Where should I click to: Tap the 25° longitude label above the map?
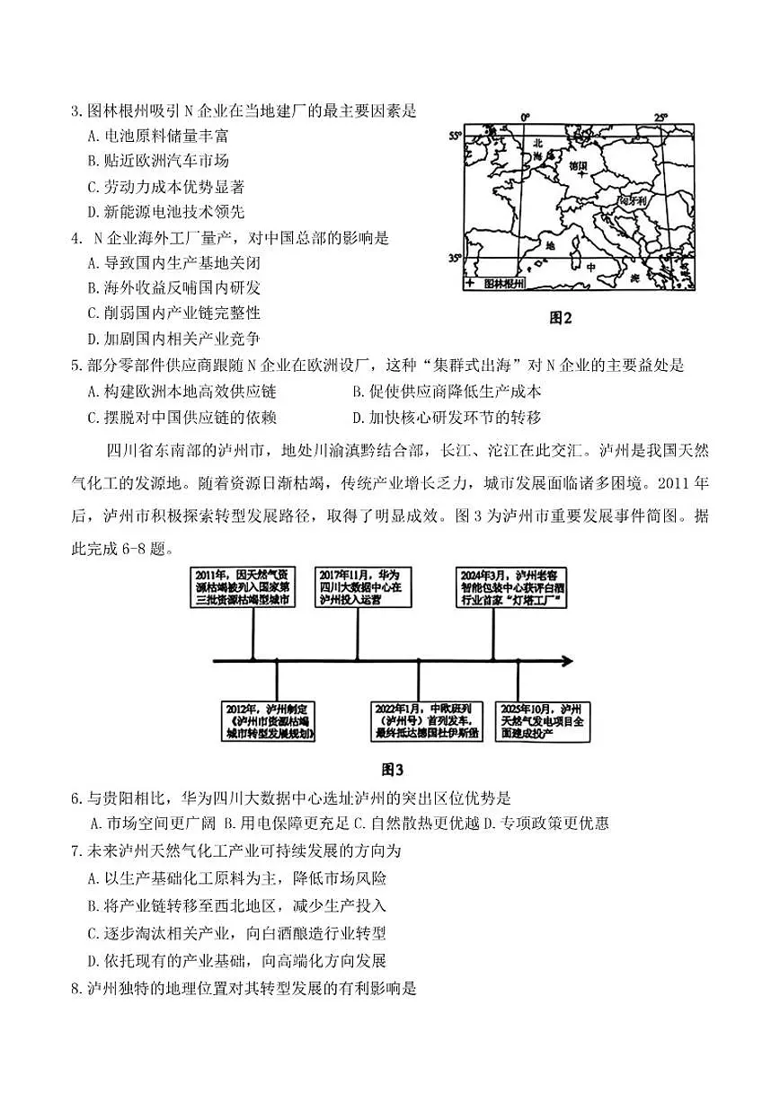click(x=661, y=118)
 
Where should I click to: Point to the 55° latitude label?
click(x=456, y=136)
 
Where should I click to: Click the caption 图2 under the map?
click(x=561, y=317)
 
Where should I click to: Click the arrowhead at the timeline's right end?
click(x=567, y=661)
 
